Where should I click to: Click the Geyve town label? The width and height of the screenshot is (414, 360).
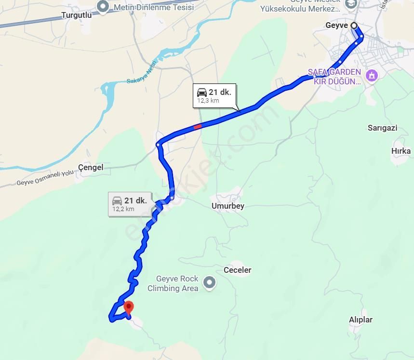(x=336, y=26)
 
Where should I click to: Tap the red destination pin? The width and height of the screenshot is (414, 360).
(x=128, y=307)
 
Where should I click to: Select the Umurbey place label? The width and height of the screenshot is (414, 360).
(x=227, y=206)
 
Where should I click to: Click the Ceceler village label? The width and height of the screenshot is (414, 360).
(x=237, y=270)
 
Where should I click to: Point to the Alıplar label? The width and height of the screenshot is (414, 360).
(x=361, y=320)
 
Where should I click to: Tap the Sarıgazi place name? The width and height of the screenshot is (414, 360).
(x=382, y=128)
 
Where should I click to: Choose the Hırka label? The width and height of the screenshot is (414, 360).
(x=401, y=151)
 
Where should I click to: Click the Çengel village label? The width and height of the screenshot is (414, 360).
(x=91, y=167)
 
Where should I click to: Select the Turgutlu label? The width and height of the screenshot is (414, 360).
(x=76, y=15)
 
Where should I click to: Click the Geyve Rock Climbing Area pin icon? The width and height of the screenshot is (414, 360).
(x=209, y=283)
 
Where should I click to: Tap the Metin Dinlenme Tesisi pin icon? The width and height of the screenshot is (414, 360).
(x=102, y=7)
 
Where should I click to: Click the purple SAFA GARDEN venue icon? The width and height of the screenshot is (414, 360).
(x=371, y=76)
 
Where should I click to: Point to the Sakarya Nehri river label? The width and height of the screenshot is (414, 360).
(x=142, y=72)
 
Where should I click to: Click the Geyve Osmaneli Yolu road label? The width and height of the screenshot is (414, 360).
(x=46, y=178)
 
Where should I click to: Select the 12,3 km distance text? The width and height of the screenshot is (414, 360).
(x=208, y=101)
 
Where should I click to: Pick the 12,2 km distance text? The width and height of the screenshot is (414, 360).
(x=123, y=209)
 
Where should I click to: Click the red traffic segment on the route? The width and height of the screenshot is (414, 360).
(x=198, y=127)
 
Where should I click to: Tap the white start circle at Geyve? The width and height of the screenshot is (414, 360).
(x=354, y=26)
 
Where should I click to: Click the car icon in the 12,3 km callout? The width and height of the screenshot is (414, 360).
(x=202, y=93)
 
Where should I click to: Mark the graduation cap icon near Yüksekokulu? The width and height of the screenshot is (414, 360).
(x=351, y=3)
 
